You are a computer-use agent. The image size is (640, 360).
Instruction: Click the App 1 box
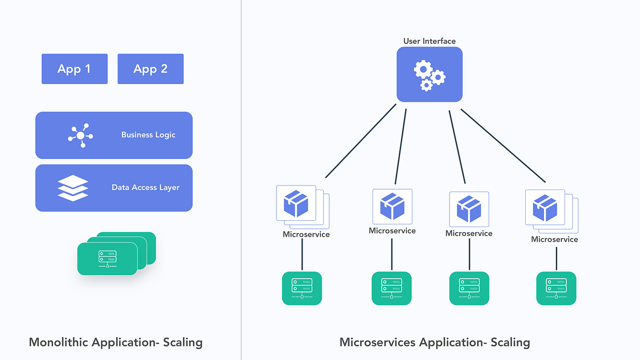pos(75,69)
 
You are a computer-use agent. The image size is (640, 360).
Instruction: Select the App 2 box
pos(150,69)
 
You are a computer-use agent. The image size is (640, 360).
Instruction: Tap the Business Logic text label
pos(148,135)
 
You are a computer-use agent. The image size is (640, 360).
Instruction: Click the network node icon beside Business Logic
pos(80,135)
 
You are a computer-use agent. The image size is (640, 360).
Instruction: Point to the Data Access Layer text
pos(145,187)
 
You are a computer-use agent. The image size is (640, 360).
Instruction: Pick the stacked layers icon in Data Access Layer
pos(73,188)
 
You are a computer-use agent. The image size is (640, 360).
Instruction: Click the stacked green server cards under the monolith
pos(108,258)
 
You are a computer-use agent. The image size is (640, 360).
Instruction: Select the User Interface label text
pos(429,41)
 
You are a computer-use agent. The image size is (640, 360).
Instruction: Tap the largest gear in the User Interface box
pos(423,70)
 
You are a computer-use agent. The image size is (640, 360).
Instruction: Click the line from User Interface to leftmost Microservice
pos(361,141)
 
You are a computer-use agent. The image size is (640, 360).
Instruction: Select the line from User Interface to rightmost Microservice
pos(503,145)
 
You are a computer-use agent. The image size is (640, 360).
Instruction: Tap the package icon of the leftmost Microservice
pos(296,204)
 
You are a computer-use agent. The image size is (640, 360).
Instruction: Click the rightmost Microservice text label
pos(555,239)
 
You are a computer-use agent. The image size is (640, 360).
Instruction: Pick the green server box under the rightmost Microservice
pos(556,288)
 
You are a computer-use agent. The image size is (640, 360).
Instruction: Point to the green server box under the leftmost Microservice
pos(302,288)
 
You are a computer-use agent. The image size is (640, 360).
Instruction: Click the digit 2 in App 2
pos(164,69)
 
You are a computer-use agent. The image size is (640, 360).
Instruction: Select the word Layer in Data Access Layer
pos(169,187)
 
